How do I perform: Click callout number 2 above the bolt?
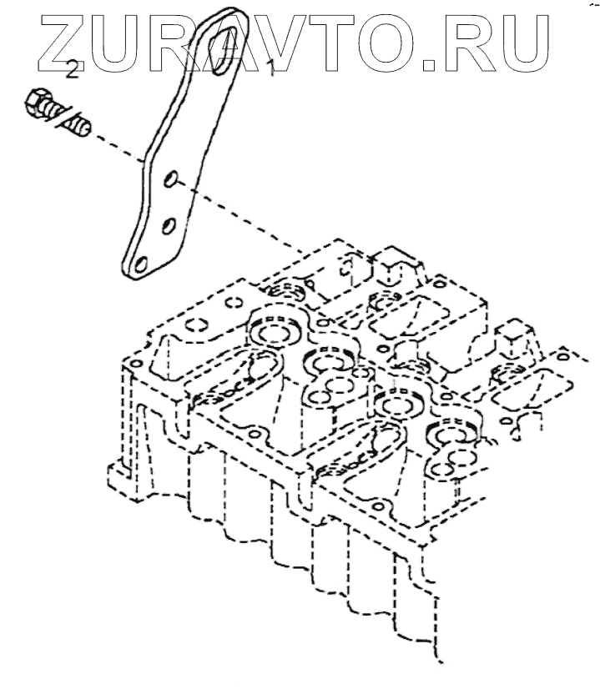tap(73, 69)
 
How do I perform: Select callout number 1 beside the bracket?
tap(269, 68)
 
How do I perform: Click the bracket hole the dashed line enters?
tap(170, 180)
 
